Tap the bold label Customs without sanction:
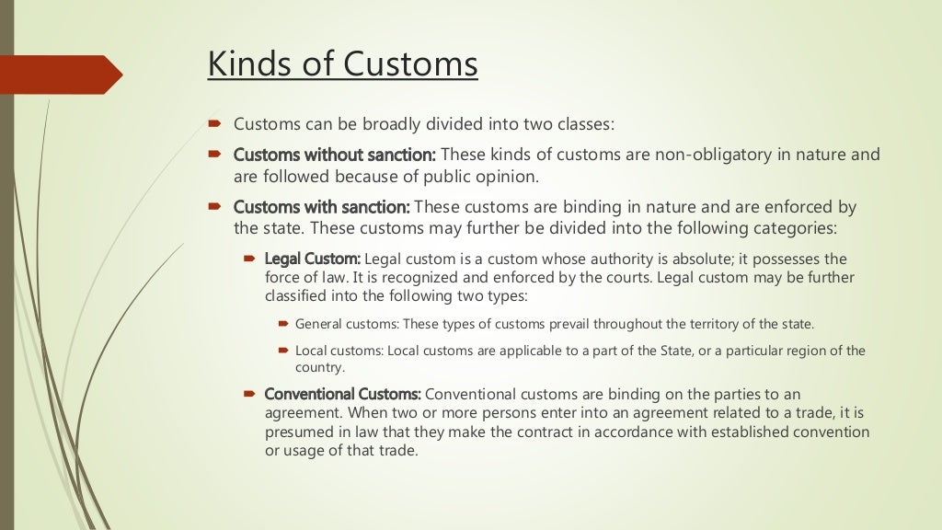[335, 155]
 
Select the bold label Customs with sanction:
[322, 207]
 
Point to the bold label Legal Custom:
[313, 259]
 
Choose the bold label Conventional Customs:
[343, 394]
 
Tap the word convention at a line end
[830, 431]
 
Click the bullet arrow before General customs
[283, 324]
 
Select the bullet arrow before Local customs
[283, 351]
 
